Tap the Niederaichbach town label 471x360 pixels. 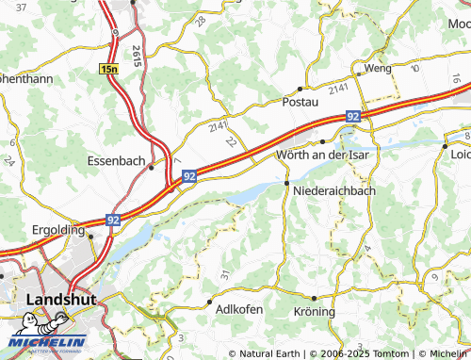(x=334, y=190)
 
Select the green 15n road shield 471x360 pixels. (x=110, y=69)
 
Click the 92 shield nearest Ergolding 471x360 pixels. (x=113, y=220)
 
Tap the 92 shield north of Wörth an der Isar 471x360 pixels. (x=353, y=116)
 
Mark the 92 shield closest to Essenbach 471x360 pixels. (x=189, y=176)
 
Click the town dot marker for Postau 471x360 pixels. (x=300, y=89)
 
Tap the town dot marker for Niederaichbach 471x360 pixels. (x=286, y=182)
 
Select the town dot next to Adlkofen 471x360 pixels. (x=208, y=303)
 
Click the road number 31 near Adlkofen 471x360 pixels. (x=224, y=275)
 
